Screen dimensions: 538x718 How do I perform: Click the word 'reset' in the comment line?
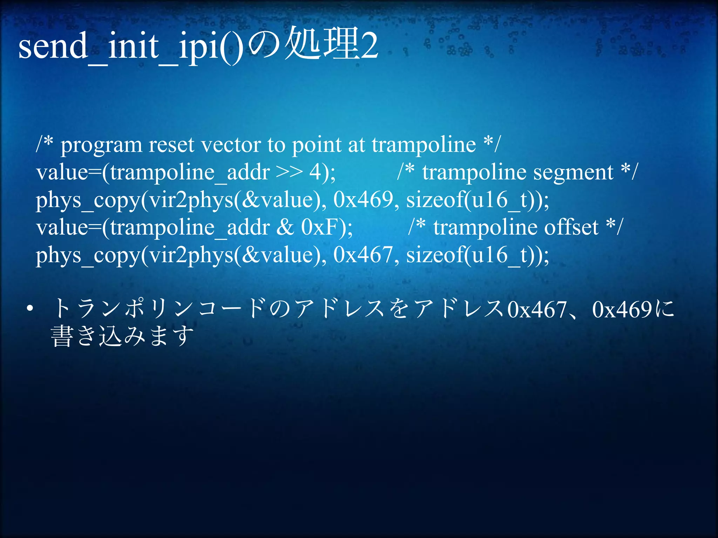(171, 144)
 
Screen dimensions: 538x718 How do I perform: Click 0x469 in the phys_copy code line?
(363, 200)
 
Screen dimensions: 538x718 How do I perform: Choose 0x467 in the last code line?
(363, 255)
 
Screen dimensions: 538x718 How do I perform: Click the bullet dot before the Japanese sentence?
(30, 309)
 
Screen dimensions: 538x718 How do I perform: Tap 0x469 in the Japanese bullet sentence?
(622, 310)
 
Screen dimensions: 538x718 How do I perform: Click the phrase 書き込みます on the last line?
(122, 336)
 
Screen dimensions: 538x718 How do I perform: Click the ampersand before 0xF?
(285, 228)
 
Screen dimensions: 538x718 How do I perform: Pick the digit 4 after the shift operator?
(314, 172)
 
